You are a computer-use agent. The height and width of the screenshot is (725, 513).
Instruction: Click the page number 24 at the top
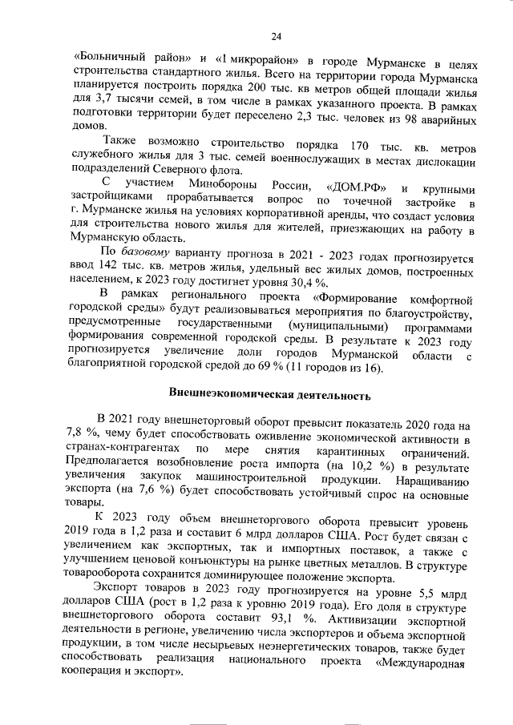click(x=276, y=36)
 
